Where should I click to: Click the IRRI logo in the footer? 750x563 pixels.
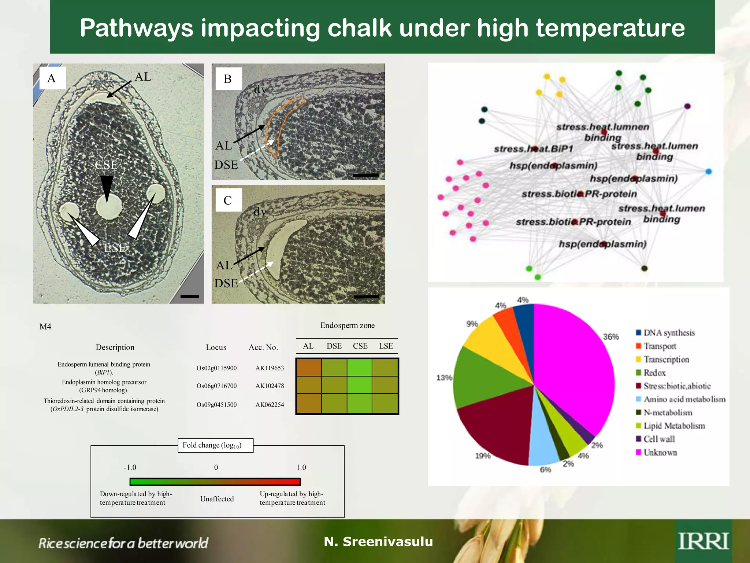click(x=703, y=541)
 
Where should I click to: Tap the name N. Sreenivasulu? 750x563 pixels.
click(x=378, y=541)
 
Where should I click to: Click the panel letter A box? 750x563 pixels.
click(x=52, y=78)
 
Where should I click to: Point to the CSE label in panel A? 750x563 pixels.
click(x=106, y=165)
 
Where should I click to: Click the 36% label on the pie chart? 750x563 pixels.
click(x=611, y=336)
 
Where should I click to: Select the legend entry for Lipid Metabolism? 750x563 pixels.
click(x=674, y=426)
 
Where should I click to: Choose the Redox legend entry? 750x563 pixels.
click(x=654, y=373)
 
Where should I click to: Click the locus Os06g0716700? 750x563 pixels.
click(x=216, y=386)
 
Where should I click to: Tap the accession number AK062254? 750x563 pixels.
click(x=270, y=405)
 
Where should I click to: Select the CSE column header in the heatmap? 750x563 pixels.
click(x=360, y=346)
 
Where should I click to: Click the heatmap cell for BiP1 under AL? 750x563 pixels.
click(x=309, y=368)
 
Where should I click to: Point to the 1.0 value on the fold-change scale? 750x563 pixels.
click(x=301, y=467)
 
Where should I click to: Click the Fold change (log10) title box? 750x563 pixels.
click(x=215, y=445)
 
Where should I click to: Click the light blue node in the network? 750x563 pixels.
click(x=708, y=172)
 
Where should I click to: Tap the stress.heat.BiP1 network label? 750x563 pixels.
click(x=533, y=149)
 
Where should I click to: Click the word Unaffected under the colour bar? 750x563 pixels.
click(x=217, y=499)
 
